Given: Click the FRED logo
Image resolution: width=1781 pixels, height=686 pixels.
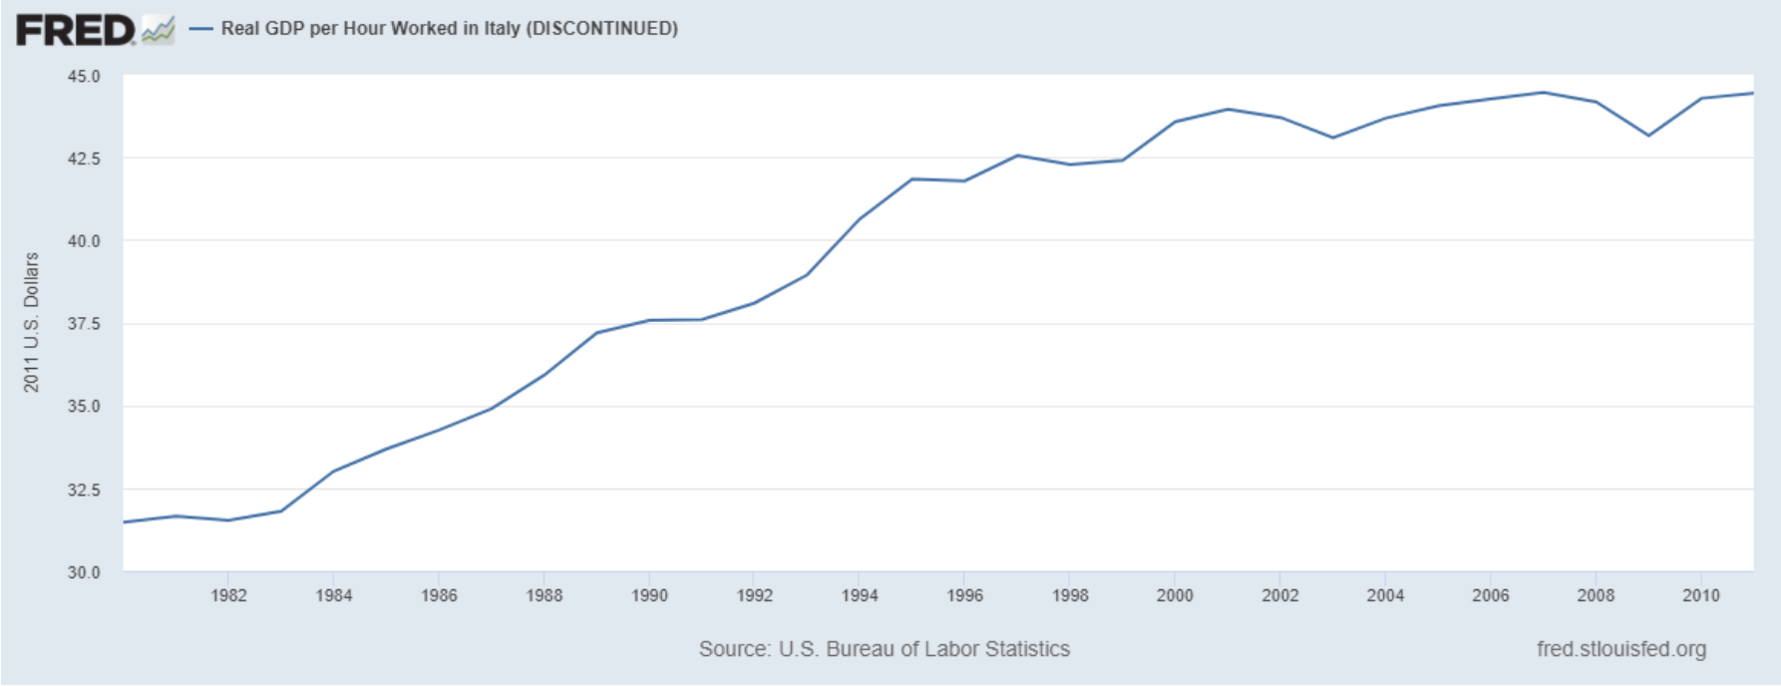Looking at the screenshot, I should pyautogui.click(x=76, y=30).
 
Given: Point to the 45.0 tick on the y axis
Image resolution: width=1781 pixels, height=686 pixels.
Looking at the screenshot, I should pyautogui.click(x=84, y=76).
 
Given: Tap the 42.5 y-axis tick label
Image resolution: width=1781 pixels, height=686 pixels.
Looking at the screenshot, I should pyautogui.click(x=84, y=159).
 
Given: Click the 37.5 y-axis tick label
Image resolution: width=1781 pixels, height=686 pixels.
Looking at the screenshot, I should pyautogui.click(x=84, y=324).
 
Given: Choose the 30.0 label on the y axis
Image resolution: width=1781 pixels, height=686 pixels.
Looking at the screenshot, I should pyautogui.click(x=84, y=572).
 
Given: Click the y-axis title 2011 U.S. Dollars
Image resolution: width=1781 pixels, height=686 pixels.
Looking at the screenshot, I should pyautogui.click(x=32, y=322).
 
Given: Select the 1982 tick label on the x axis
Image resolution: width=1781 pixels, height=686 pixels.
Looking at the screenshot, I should pyautogui.click(x=228, y=595).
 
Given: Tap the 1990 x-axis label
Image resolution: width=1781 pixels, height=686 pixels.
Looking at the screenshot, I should pyautogui.click(x=649, y=595).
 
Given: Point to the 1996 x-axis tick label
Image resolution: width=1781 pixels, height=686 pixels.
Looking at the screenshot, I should pyautogui.click(x=964, y=595).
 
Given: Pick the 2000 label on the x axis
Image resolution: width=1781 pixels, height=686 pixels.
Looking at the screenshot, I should pyautogui.click(x=1175, y=595).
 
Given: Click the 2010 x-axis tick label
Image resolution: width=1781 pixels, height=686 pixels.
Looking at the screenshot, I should pyautogui.click(x=1701, y=595).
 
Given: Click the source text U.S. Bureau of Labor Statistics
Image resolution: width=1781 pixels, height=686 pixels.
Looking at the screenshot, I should pyautogui.click(x=923, y=649).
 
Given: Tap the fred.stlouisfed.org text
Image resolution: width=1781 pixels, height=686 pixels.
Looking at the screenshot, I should pyautogui.click(x=1621, y=649).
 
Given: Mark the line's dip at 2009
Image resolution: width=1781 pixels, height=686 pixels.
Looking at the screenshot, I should pyautogui.click(x=1648, y=136).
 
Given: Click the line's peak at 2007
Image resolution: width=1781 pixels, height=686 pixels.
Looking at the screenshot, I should pyautogui.click(x=1544, y=93).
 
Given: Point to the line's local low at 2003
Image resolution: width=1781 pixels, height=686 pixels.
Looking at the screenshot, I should pyautogui.click(x=1333, y=138).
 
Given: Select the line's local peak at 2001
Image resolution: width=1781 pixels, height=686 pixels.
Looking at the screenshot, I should pyautogui.click(x=1228, y=109).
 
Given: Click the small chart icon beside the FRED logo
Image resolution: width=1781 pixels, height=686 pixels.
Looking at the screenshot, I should pyautogui.click(x=158, y=30).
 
